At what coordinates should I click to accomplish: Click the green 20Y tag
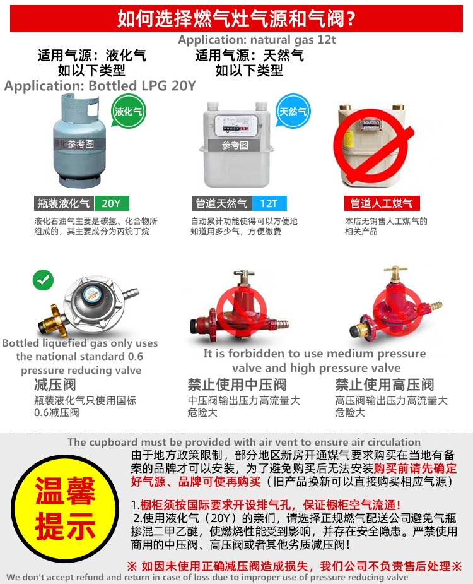(112, 203)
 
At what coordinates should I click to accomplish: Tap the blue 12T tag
(269, 203)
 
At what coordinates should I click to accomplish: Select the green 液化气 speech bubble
(129, 111)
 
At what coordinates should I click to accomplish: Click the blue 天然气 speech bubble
(293, 110)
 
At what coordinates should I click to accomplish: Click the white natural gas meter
(237, 145)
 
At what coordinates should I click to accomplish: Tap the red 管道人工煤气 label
(382, 203)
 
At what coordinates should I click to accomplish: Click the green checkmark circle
(43, 280)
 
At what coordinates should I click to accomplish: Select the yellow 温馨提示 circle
(65, 508)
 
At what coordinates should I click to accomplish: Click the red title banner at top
(237, 18)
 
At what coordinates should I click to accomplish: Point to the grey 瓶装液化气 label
(64, 203)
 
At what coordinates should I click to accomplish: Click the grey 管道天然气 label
(222, 203)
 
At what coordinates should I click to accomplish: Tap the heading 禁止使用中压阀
(237, 384)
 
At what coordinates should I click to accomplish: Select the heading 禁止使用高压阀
(385, 384)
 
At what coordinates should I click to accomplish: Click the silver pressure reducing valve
(90, 306)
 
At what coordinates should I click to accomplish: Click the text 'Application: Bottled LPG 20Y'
(100, 86)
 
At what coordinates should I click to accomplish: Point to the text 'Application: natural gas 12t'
(257, 40)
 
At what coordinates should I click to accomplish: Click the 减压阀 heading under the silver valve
(55, 384)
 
